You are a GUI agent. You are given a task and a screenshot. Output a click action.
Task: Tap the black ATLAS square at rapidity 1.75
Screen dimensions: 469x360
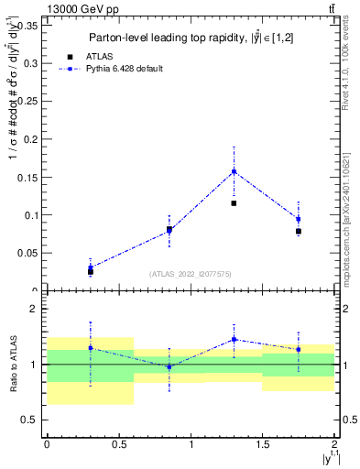299,231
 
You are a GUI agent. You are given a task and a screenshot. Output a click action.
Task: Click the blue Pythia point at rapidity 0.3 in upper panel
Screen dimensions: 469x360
90,267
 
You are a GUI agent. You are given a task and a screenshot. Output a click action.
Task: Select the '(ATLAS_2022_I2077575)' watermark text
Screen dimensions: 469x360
190,274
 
